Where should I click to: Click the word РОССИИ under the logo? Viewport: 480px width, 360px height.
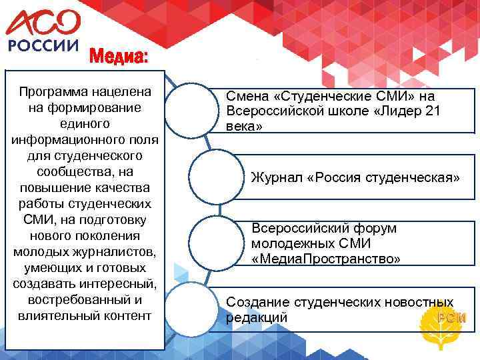pos(43,49)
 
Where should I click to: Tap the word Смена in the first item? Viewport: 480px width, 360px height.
pos(246,97)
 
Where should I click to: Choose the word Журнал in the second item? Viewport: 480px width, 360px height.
pos(273,178)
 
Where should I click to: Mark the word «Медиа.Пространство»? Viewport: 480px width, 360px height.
pos(326,258)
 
